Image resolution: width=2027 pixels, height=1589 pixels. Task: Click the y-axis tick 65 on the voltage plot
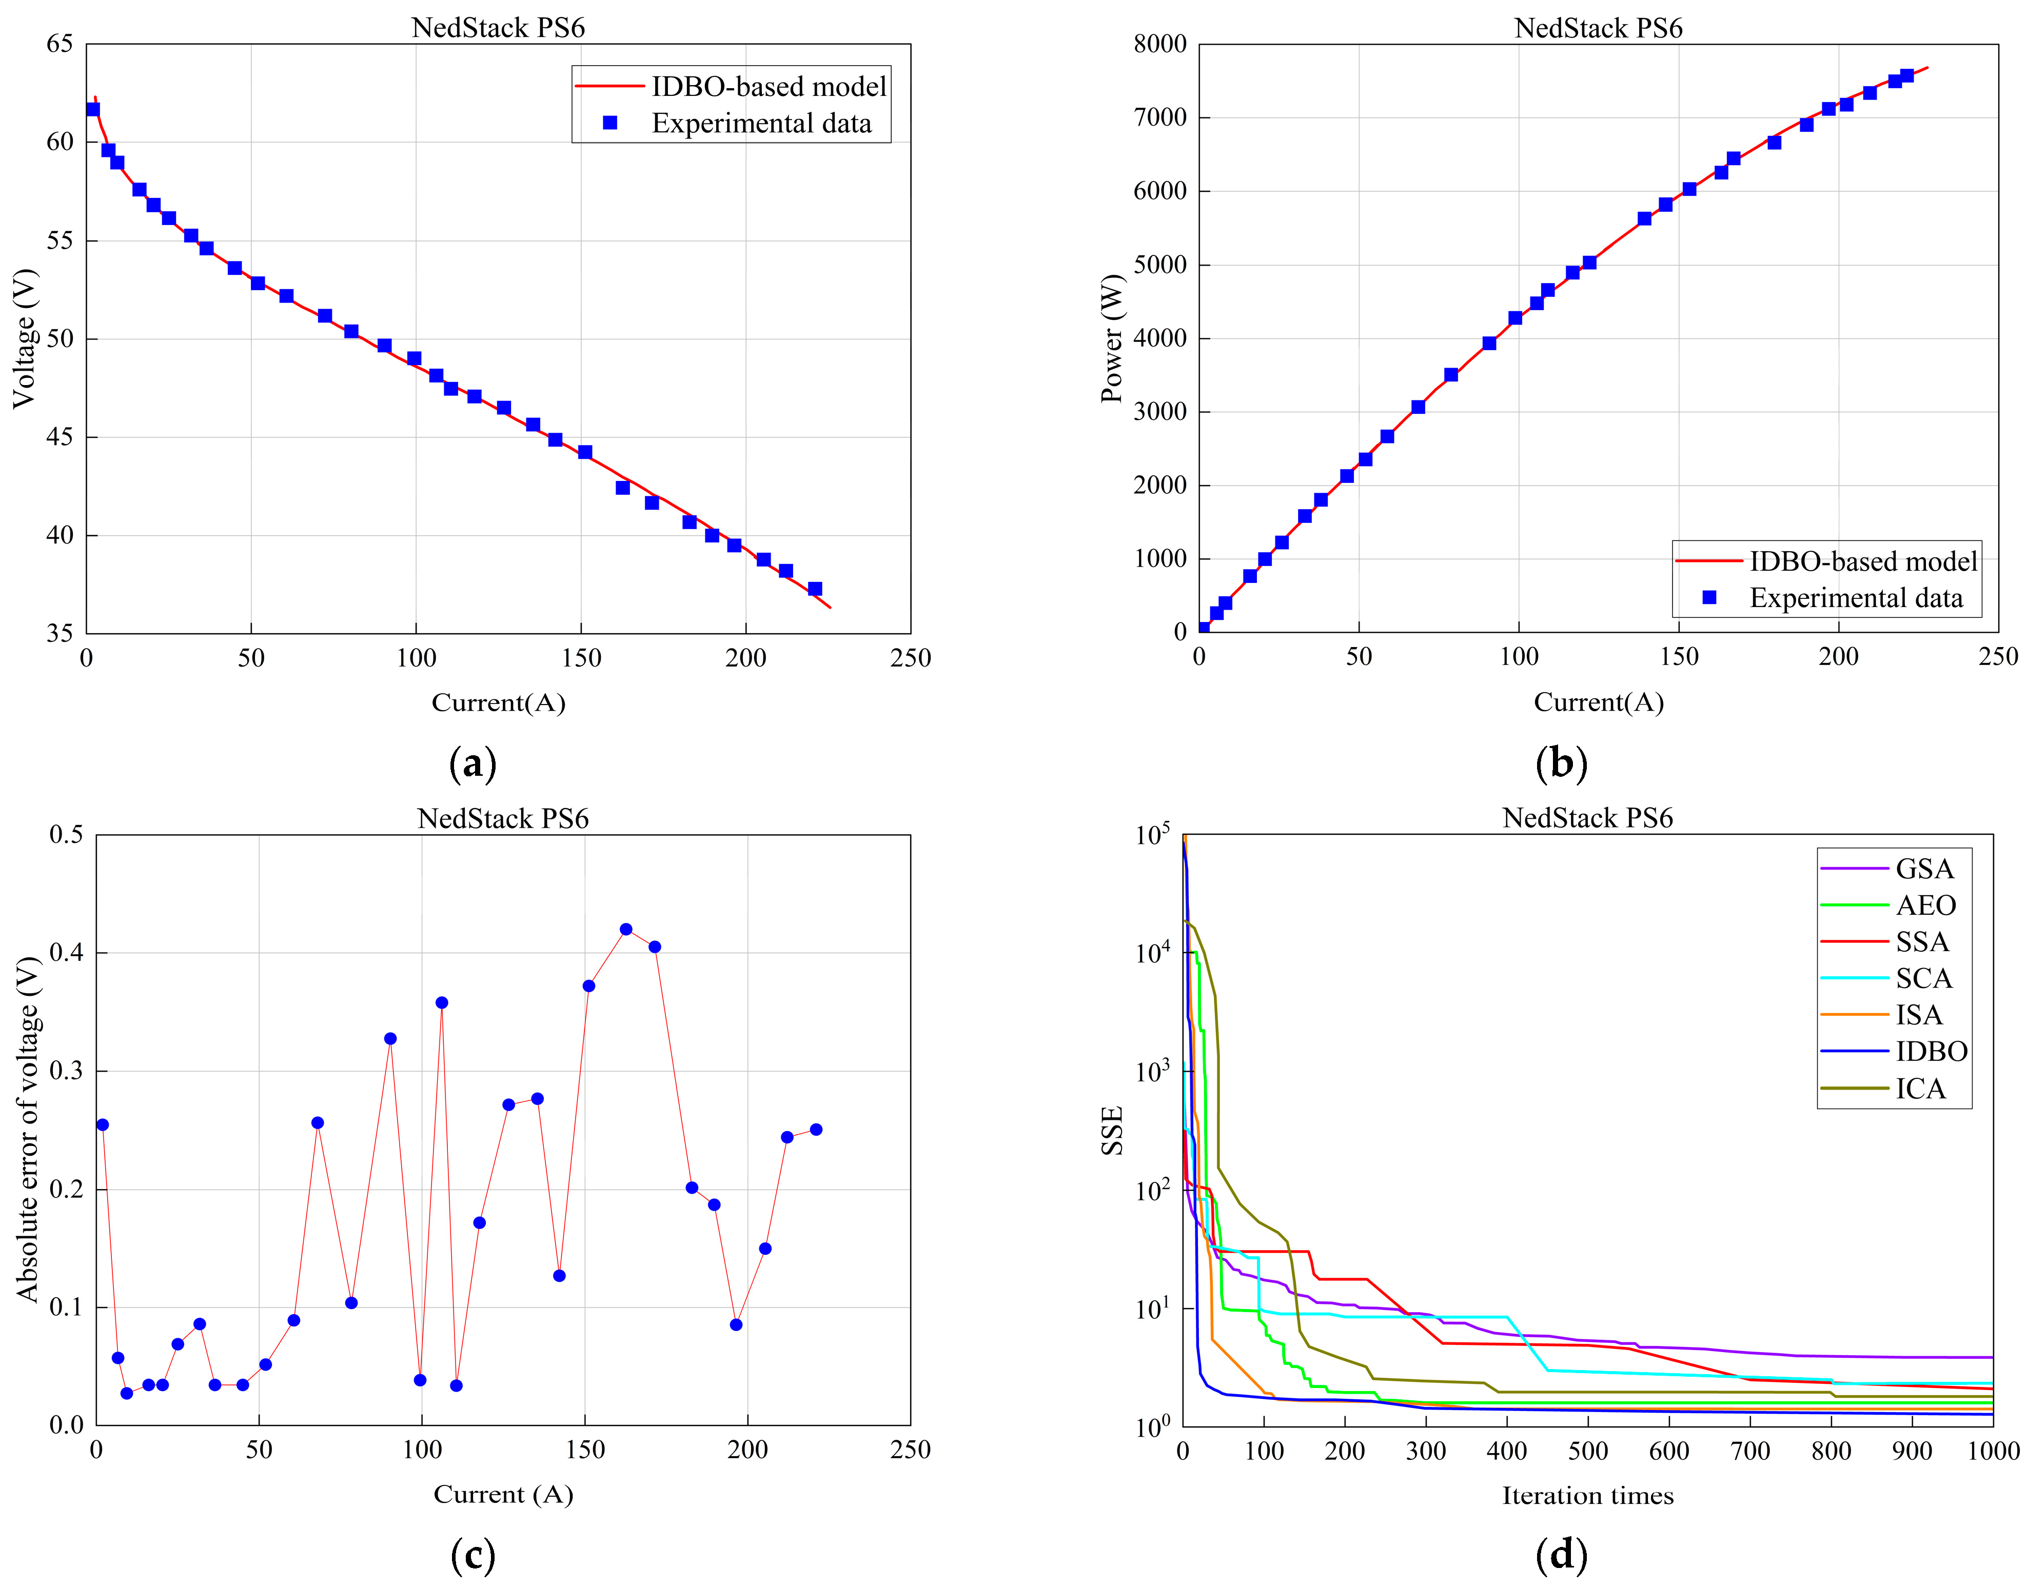tap(60, 44)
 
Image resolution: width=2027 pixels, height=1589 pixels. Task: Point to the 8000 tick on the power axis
tap(1159, 44)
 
